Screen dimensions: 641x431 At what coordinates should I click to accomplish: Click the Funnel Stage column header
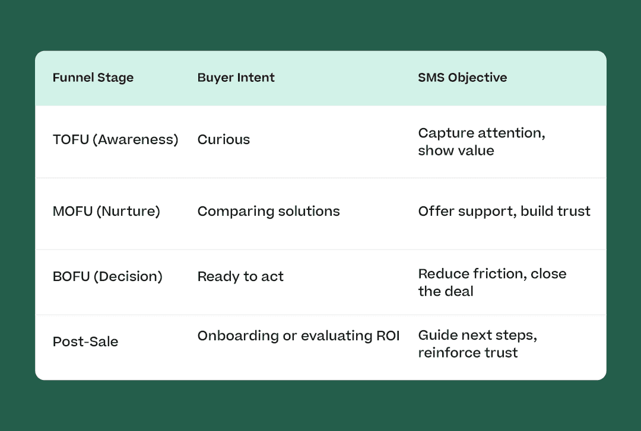pyautogui.click(x=93, y=78)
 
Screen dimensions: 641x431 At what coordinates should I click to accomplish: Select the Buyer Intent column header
pyautogui.click(x=236, y=78)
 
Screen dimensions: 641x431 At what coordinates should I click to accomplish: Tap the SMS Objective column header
pyautogui.click(x=462, y=78)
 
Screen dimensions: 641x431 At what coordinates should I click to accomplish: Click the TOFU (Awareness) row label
pyautogui.click(x=115, y=140)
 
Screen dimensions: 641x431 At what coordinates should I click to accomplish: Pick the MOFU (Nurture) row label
pyautogui.click(x=106, y=211)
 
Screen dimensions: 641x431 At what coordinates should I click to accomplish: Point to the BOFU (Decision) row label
pyautogui.click(x=107, y=277)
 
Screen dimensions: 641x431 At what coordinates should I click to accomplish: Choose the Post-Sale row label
pyautogui.click(x=85, y=341)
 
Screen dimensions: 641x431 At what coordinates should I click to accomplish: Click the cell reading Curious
pyautogui.click(x=224, y=140)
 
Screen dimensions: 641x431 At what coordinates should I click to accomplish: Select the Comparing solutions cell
pyautogui.click(x=269, y=211)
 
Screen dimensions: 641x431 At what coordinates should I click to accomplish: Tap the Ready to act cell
pyautogui.click(x=240, y=277)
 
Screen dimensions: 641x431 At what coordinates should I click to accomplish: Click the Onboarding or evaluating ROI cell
pyautogui.click(x=299, y=336)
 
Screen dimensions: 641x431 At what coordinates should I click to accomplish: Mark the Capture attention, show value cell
pyautogui.click(x=481, y=142)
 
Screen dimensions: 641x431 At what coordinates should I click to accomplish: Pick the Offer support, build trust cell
pyautogui.click(x=504, y=211)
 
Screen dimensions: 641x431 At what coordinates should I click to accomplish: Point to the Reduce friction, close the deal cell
pyautogui.click(x=492, y=282)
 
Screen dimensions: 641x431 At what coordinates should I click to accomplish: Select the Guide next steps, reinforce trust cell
pyautogui.click(x=477, y=344)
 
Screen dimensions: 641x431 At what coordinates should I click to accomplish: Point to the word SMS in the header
pyautogui.click(x=431, y=78)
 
